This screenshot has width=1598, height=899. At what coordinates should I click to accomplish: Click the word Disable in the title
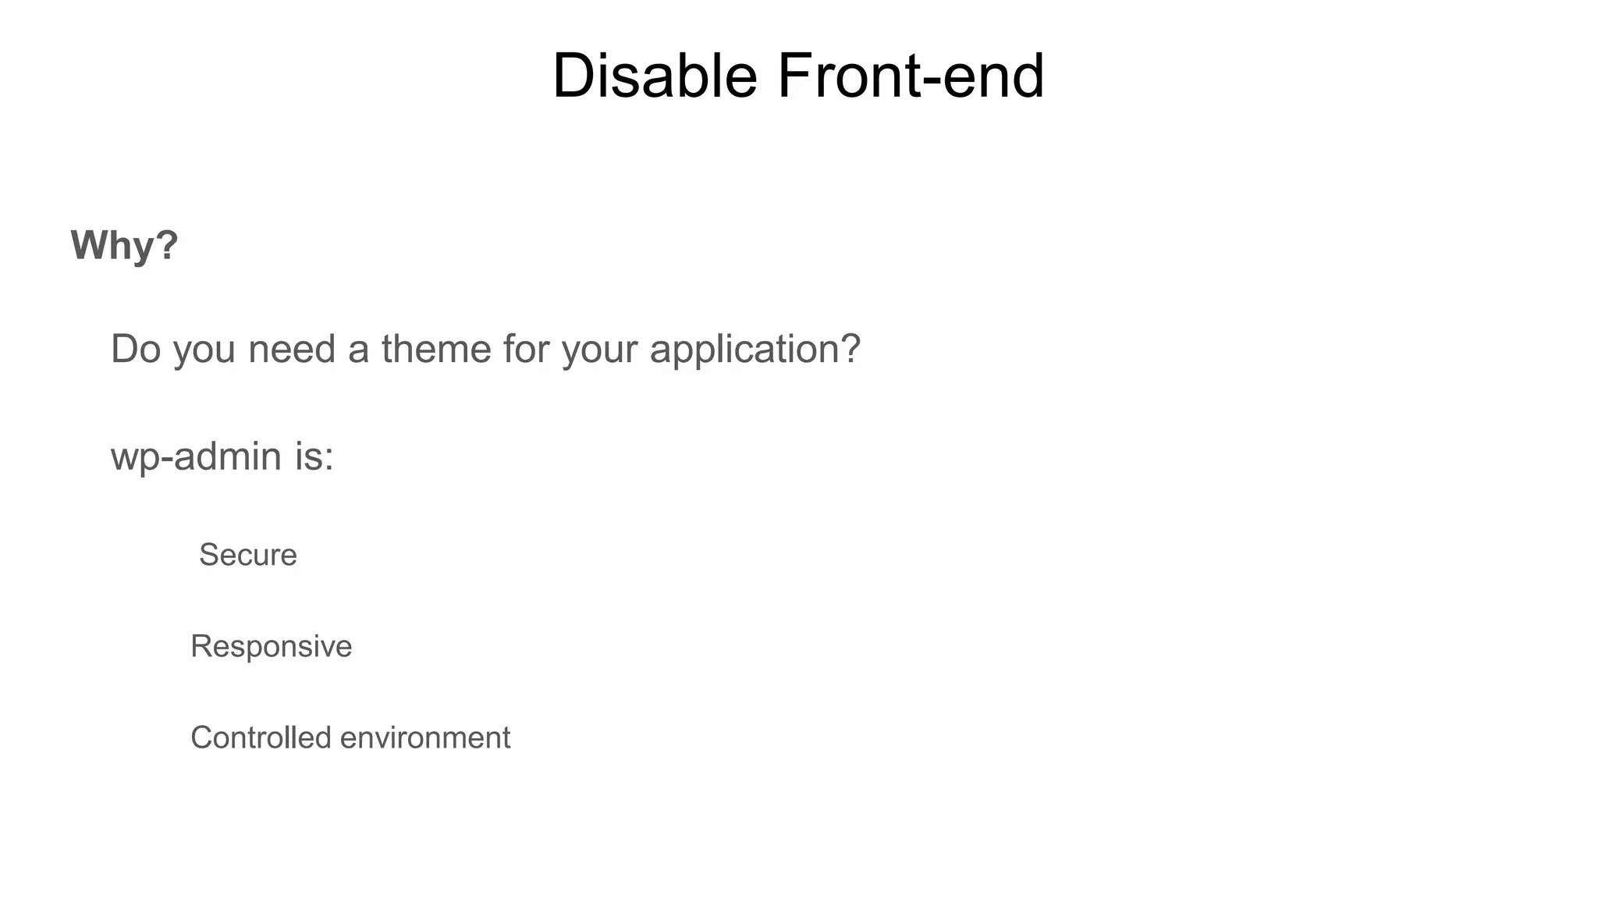(654, 76)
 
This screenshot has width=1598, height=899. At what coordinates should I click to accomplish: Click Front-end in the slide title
(910, 76)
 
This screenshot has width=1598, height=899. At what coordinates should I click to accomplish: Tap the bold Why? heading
(124, 245)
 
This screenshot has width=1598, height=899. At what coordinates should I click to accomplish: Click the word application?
(755, 350)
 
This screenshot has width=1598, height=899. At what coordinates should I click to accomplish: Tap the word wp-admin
(196, 456)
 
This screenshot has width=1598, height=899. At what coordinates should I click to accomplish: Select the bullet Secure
(247, 555)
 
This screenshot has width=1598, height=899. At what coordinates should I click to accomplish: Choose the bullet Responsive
(271, 646)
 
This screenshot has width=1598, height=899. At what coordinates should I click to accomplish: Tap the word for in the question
(526, 348)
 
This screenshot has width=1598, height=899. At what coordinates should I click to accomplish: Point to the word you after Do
(204, 350)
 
